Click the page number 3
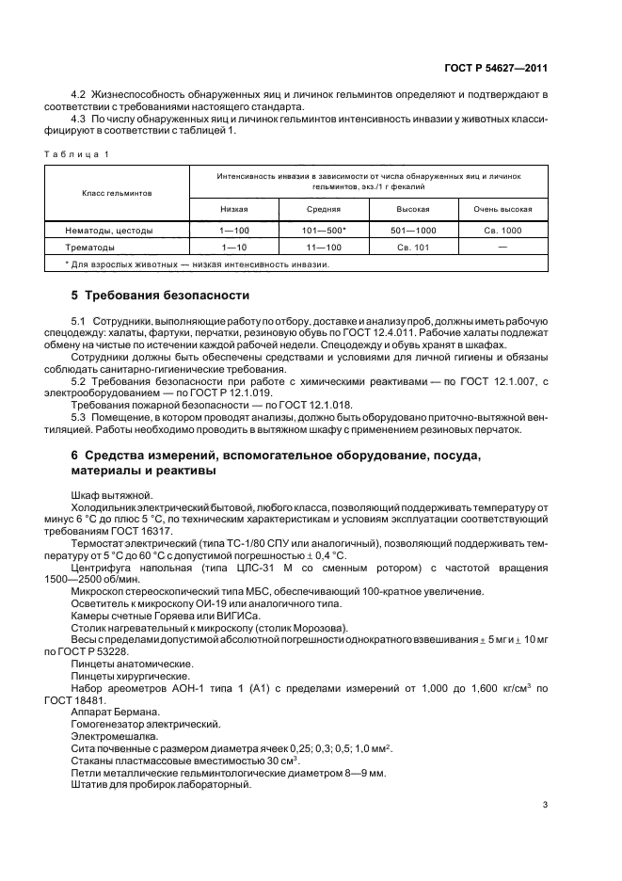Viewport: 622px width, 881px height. click(x=545, y=806)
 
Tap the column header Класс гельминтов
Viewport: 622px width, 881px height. click(x=117, y=191)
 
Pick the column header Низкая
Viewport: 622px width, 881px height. click(x=234, y=209)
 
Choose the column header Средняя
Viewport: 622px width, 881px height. click(x=324, y=209)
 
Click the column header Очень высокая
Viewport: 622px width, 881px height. click(x=502, y=209)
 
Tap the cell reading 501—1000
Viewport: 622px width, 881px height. click(x=413, y=230)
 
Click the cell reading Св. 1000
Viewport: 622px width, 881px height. click(x=502, y=230)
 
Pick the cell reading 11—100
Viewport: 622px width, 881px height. click(x=324, y=247)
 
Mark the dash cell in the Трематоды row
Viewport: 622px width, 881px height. click(x=502, y=247)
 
